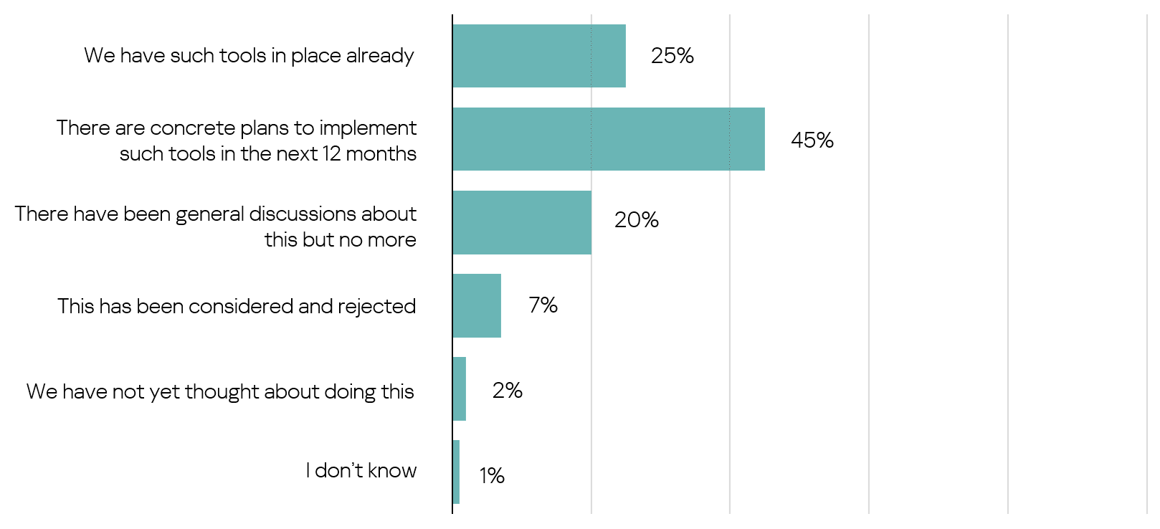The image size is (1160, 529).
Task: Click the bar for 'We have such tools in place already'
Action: coord(539,56)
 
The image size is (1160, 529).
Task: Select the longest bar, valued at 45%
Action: coord(609,139)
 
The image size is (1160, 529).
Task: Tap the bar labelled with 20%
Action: coord(522,222)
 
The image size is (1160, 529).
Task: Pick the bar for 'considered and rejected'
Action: coord(477,305)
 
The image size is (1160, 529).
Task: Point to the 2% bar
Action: coord(460,389)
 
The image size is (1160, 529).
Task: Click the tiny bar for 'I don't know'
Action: coord(457,472)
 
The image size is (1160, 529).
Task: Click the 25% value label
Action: coord(672,56)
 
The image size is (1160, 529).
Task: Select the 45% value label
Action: coord(812,140)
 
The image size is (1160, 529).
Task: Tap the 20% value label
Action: coord(636,220)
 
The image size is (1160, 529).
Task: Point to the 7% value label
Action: coord(543,305)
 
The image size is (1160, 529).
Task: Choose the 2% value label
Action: coord(507,391)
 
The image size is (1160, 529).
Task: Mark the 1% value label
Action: coord(492,475)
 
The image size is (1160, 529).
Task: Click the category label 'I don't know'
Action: coord(361,470)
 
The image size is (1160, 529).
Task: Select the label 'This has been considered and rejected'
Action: coord(237,306)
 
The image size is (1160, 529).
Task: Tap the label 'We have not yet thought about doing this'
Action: coord(220,391)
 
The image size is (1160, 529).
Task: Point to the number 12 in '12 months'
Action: coord(331,154)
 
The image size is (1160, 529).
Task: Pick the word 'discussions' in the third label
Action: coord(303,214)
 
